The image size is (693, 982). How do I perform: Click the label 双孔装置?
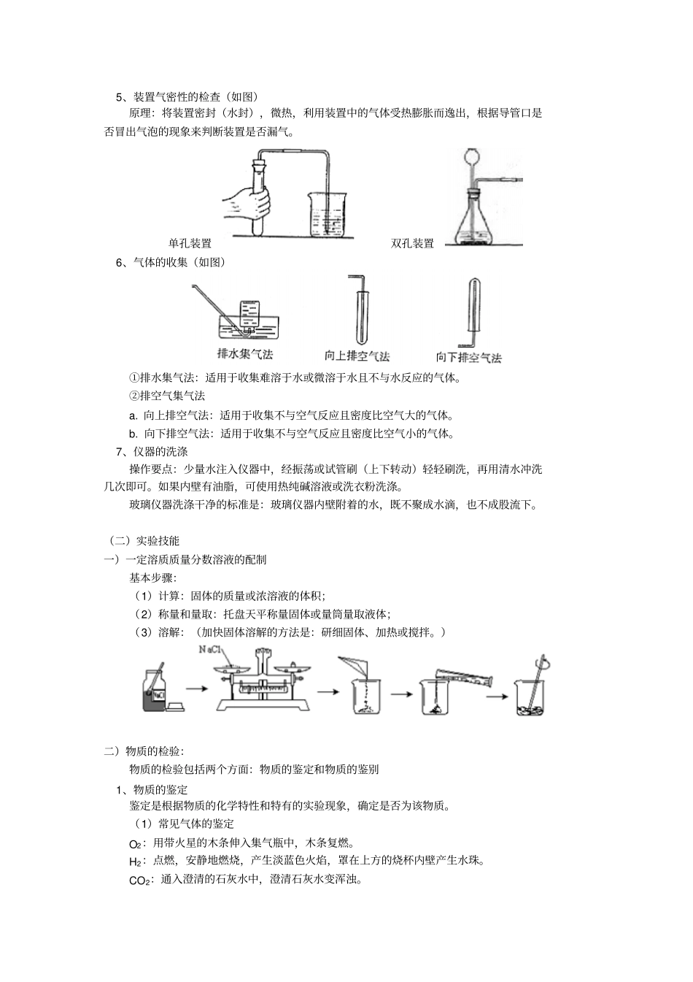pyautogui.click(x=412, y=244)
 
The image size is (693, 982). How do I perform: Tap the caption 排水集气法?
pyautogui.click(x=245, y=354)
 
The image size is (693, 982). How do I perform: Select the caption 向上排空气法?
pyautogui.click(x=357, y=356)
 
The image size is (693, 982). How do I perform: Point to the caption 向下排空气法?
pyautogui.click(x=468, y=358)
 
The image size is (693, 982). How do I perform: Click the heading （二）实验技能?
pyautogui.click(x=142, y=541)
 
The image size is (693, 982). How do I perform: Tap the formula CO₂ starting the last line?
pyautogui.click(x=139, y=881)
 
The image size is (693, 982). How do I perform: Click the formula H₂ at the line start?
pyautogui.click(x=135, y=862)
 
